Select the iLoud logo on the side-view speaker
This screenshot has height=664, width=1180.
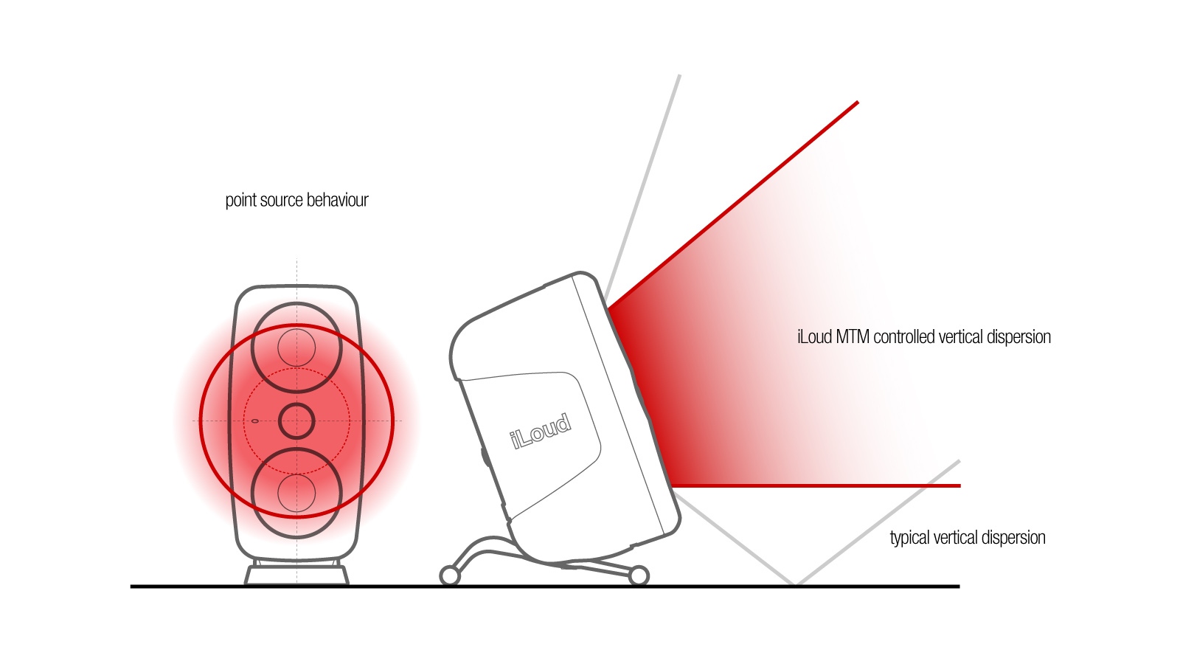[541, 432]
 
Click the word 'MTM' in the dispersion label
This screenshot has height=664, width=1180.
[853, 336]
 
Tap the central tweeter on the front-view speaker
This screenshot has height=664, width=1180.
[296, 421]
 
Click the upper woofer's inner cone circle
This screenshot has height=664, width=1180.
[296, 347]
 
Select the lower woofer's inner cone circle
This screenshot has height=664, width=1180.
[296, 494]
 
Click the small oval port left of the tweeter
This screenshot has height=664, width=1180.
[255, 421]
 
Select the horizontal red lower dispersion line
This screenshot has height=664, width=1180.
[816, 485]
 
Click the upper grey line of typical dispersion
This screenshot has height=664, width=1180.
[642, 187]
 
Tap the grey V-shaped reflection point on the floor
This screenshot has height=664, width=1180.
[796, 583]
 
